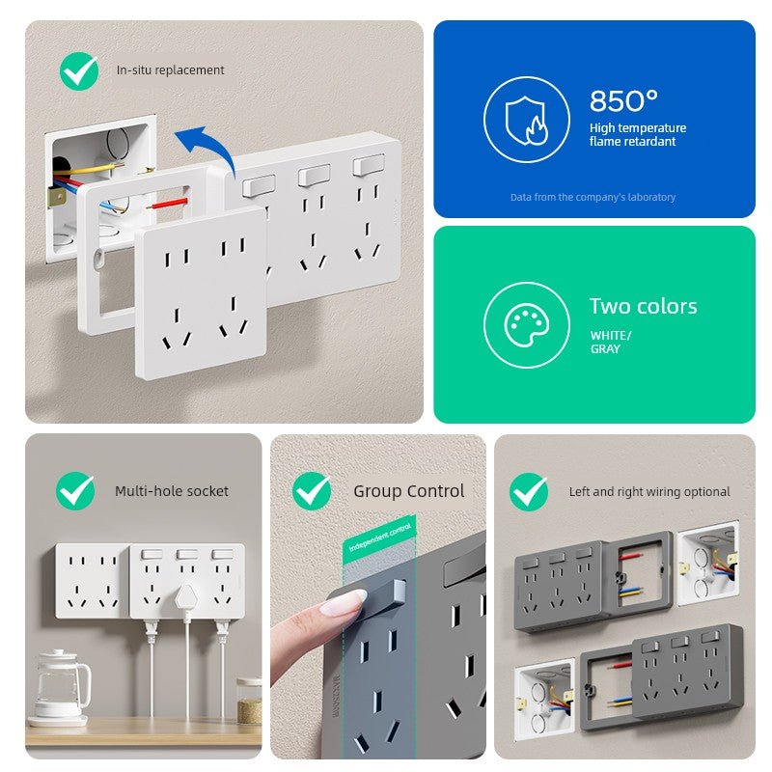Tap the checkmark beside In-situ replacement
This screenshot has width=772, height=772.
(x=79, y=70)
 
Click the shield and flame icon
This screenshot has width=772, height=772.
(x=526, y=120)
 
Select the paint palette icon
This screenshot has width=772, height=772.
(x=526, y=325)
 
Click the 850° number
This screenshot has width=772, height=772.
(x=623, y=101)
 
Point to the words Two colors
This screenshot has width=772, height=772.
(x=643, y=306)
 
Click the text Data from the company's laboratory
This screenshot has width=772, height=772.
(x=593, y=198)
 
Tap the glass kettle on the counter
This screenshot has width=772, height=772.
(x=61, y=685)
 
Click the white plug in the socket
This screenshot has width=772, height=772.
(x=187, y=599)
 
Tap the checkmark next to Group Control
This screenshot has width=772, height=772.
(x=312, y=491)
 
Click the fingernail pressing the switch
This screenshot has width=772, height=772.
(x=343, y=602)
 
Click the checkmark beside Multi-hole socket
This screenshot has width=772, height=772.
(x=75, y=491)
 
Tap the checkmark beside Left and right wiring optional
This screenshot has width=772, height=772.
(x=529, y=492)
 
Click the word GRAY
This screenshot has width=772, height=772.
(x=605, y=349)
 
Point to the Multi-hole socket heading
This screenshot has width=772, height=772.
(x=172, y=491)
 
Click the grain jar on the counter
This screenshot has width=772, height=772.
(x=249, y=702)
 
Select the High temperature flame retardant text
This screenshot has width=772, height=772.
(x=638, y=134)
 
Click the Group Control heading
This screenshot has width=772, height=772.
(x=408, y=491)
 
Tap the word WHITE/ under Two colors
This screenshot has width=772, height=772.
(x=611, y=335)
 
